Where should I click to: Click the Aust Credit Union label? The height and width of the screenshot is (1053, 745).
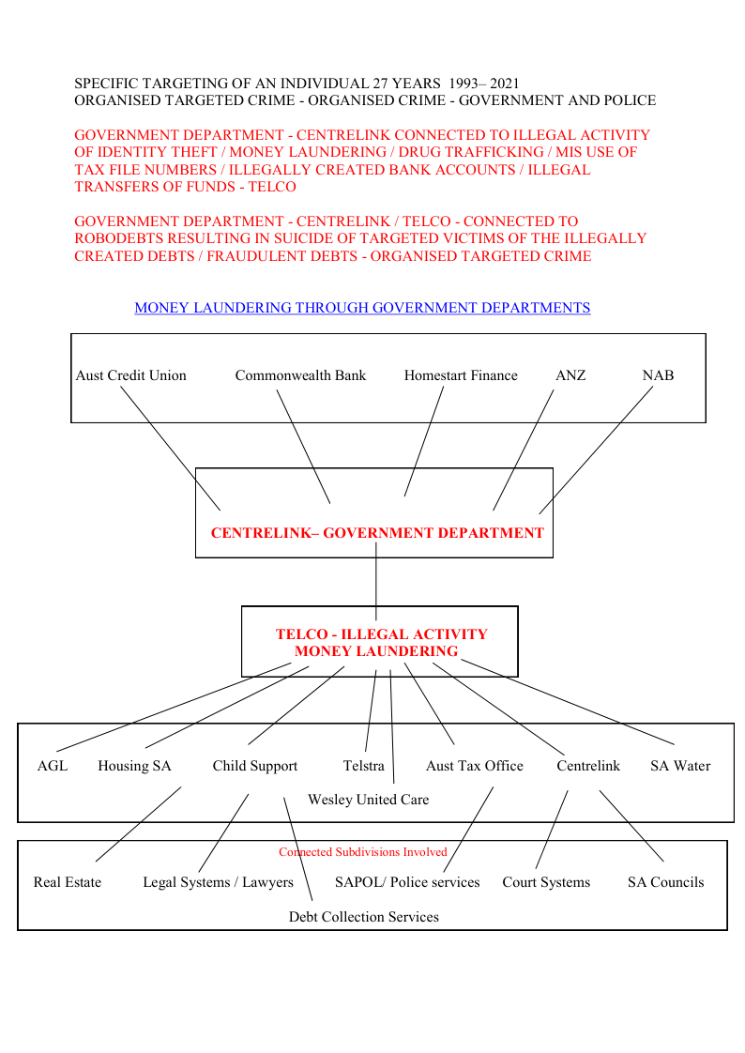tap(130, 375)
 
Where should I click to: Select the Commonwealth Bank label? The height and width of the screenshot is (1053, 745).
tap(300, 375)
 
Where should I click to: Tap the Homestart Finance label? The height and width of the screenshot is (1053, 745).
tap(461, 375)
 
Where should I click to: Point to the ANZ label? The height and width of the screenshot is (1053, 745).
tap(570, 375)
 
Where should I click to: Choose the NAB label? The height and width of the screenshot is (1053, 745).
tap(658, 375)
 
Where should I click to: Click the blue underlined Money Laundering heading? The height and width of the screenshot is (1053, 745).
tap(362, 308)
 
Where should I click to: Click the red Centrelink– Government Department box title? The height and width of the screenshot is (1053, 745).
tap(377, 533)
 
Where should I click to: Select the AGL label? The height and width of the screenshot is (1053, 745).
tap(53, 766)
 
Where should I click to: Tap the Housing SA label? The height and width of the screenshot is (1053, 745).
tap(134, 766)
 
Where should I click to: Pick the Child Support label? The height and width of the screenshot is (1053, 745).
tap(254, 766)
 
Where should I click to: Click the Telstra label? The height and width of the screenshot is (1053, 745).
tap(363, 766)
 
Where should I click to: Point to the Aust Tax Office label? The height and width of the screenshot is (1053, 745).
tap(474, 766)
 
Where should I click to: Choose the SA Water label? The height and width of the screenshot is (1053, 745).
tap(680, 766)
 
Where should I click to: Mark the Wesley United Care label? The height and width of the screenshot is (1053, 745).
tap(368, 800)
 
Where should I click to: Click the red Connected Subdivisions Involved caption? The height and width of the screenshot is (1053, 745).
tap(363, 852)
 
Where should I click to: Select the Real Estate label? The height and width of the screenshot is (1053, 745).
tap(67, 882)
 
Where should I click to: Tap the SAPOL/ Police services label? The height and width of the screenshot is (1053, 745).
tap(407, 882)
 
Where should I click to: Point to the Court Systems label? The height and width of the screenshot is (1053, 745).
tap(546, 882)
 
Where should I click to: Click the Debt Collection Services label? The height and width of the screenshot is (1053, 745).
tap(363, 917)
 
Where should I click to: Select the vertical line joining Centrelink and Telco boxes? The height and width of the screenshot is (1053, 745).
tap(376, 582)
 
